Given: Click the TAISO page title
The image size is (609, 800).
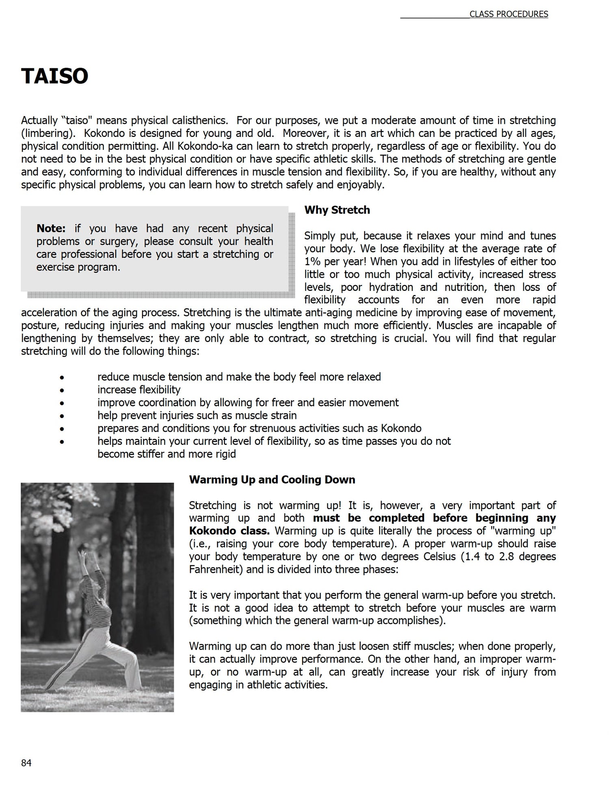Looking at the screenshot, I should (x=54, y=76).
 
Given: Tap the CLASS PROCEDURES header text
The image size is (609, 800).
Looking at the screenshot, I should (x=508, y=14).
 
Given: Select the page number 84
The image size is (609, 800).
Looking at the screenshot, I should (x=26, y=763).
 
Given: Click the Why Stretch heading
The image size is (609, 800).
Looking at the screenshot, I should (x=337, y=210).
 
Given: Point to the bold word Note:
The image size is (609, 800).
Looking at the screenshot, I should (x=51, y=228).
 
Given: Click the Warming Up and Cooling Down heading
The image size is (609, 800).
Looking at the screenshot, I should (x=272, y=479).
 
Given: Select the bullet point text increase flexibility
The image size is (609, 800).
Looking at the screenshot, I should (x=139, y=390).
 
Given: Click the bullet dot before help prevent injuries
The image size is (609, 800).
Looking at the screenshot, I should (x=62, y=416).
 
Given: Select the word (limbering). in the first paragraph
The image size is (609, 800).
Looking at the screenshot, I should (x=49, y=133).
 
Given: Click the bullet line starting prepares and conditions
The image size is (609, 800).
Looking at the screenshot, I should (x=259, y=428).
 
